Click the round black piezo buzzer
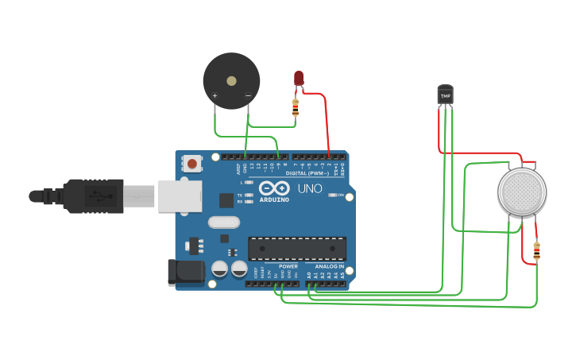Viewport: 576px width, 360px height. pos(231,80)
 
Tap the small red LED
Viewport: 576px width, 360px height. pos(299,78)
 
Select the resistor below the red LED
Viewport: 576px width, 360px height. pos(296,107)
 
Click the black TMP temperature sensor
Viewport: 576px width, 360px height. pos(445,95)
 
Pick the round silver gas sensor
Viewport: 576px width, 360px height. pos(522,192)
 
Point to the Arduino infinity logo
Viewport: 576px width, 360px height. pos(273,189)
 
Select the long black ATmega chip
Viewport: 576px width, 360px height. pos(296,248)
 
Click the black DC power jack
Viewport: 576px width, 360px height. pos(182,273)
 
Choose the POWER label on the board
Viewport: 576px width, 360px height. pos(288,266)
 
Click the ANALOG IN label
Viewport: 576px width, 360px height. pos(329,266)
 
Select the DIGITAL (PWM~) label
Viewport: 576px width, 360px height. pos(307,172)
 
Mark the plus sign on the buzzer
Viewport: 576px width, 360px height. pos(215,95)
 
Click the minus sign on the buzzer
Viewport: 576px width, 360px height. pos(248,95)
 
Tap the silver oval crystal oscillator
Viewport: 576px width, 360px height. pos(222,223)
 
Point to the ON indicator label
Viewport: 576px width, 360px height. pos(341,195)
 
